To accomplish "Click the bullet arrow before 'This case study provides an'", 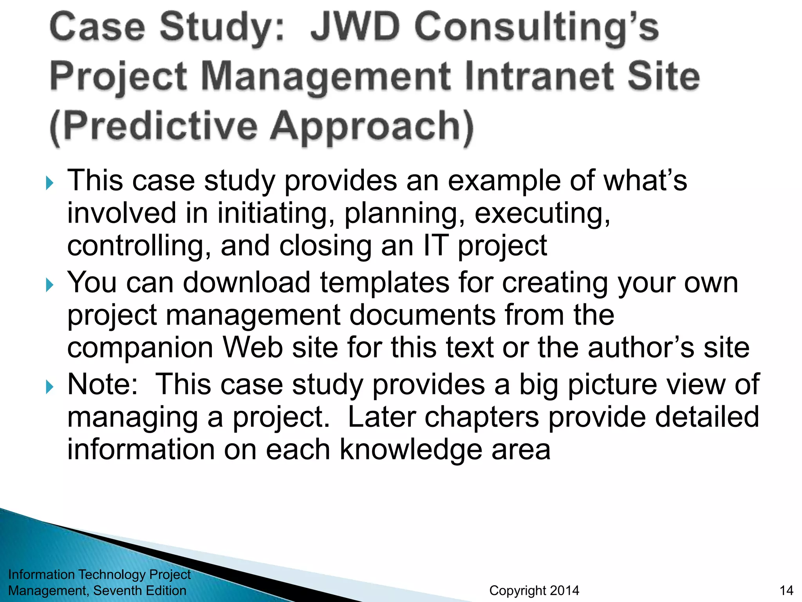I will tap(49, 183).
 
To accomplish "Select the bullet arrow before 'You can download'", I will tap(49, 285).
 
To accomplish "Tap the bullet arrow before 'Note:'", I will tap(49, 387).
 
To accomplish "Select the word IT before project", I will tap(435, 246).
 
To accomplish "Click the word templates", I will tap(385, 283).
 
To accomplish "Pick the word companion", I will tap(140, 348).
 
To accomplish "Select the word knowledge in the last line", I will tap(410, 450).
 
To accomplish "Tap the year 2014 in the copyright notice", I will tap(564, 590).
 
